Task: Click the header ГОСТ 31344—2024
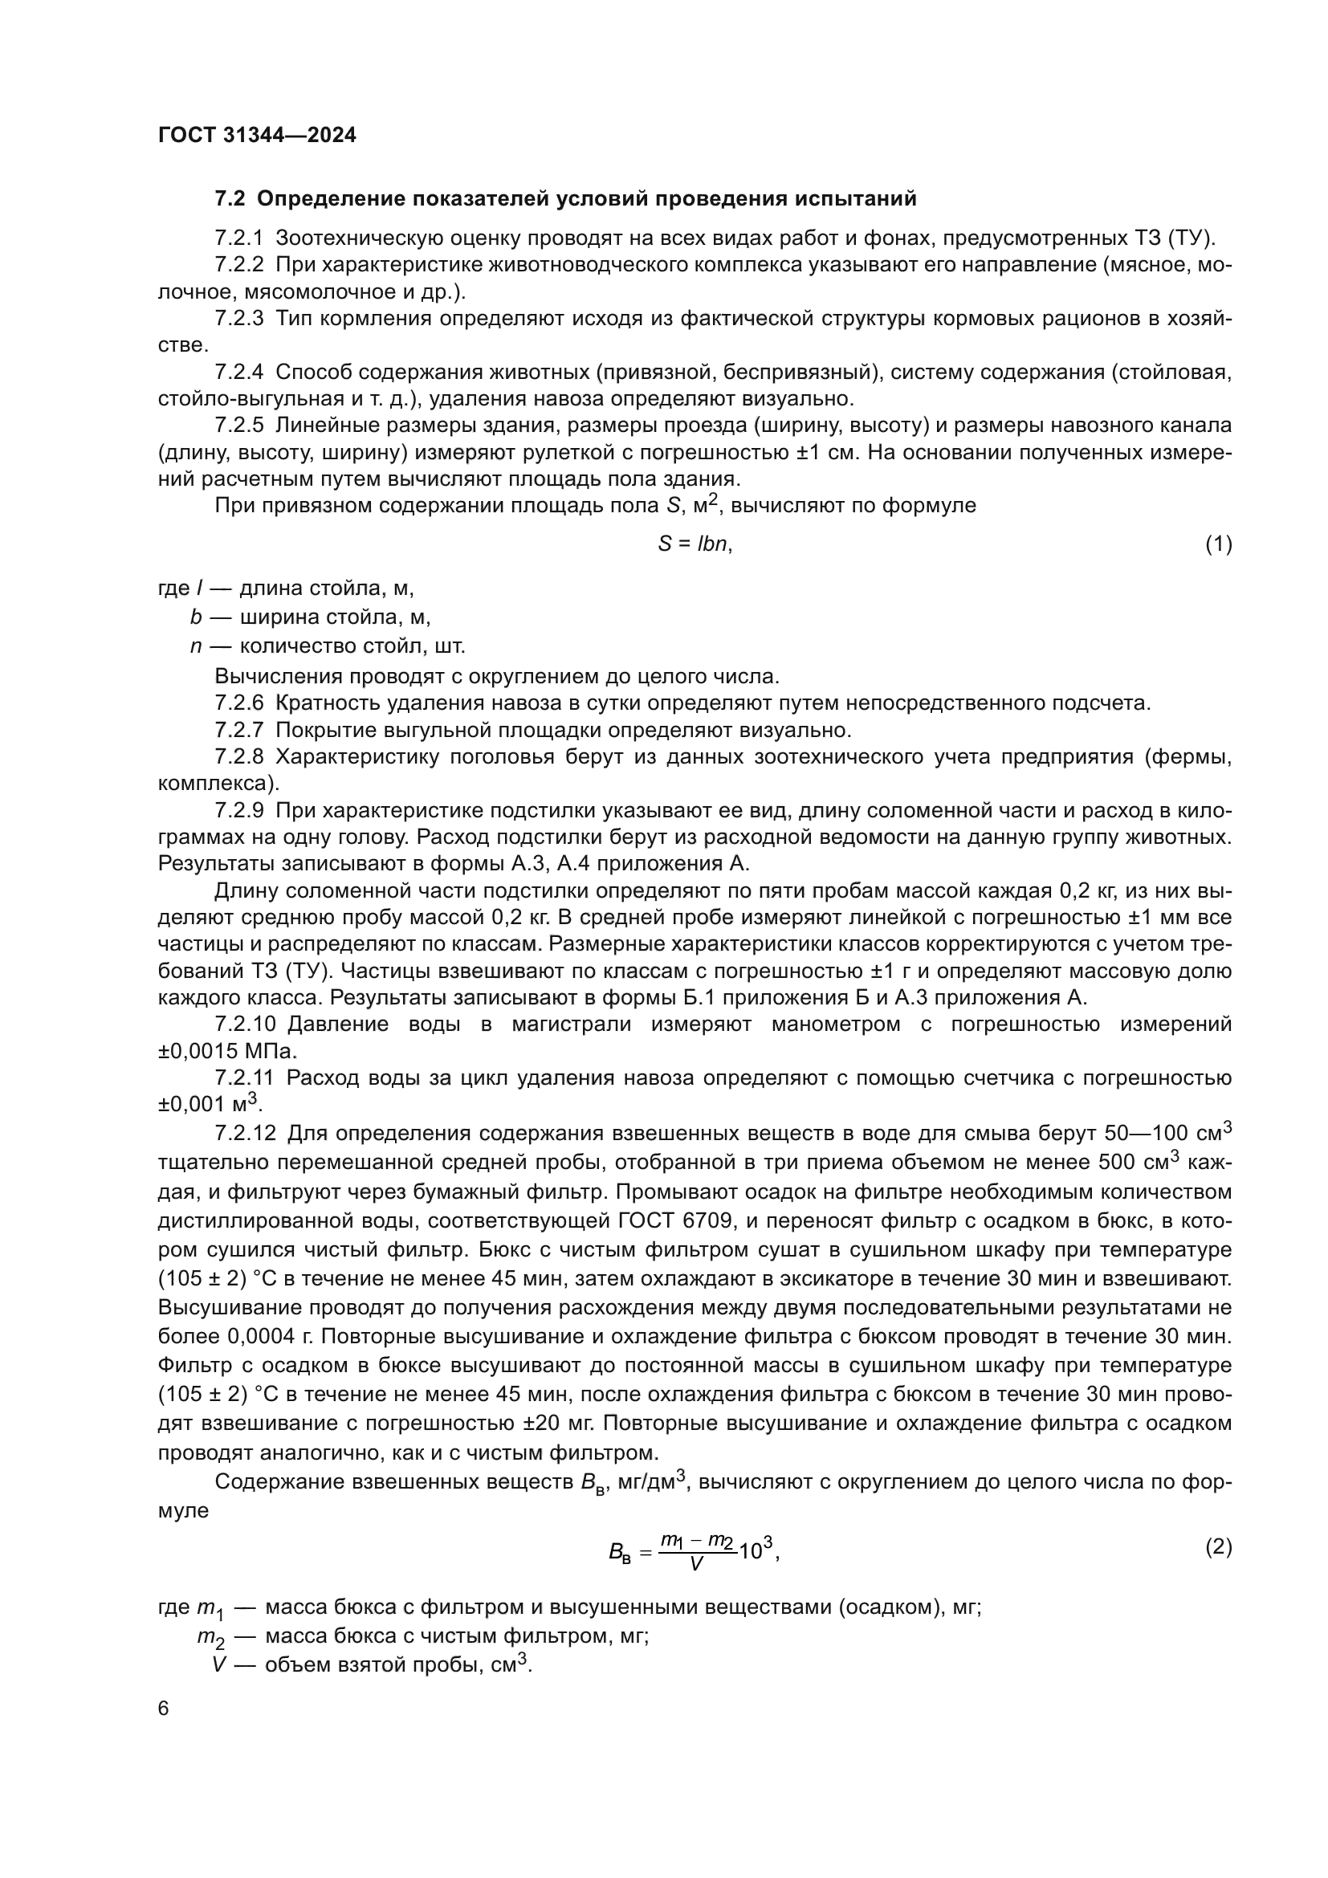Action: pos(257,136)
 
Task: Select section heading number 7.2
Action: pos(230,199)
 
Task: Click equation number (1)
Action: pos(1219,544)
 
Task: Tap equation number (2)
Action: pos(1219,1546)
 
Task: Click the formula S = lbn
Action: pos(695,544)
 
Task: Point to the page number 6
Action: pos(164,1709)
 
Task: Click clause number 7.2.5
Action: pos(238,426)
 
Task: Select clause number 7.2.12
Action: pos(246,1134)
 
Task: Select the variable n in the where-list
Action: pos(195,646)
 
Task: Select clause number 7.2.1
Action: pos(238,238)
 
